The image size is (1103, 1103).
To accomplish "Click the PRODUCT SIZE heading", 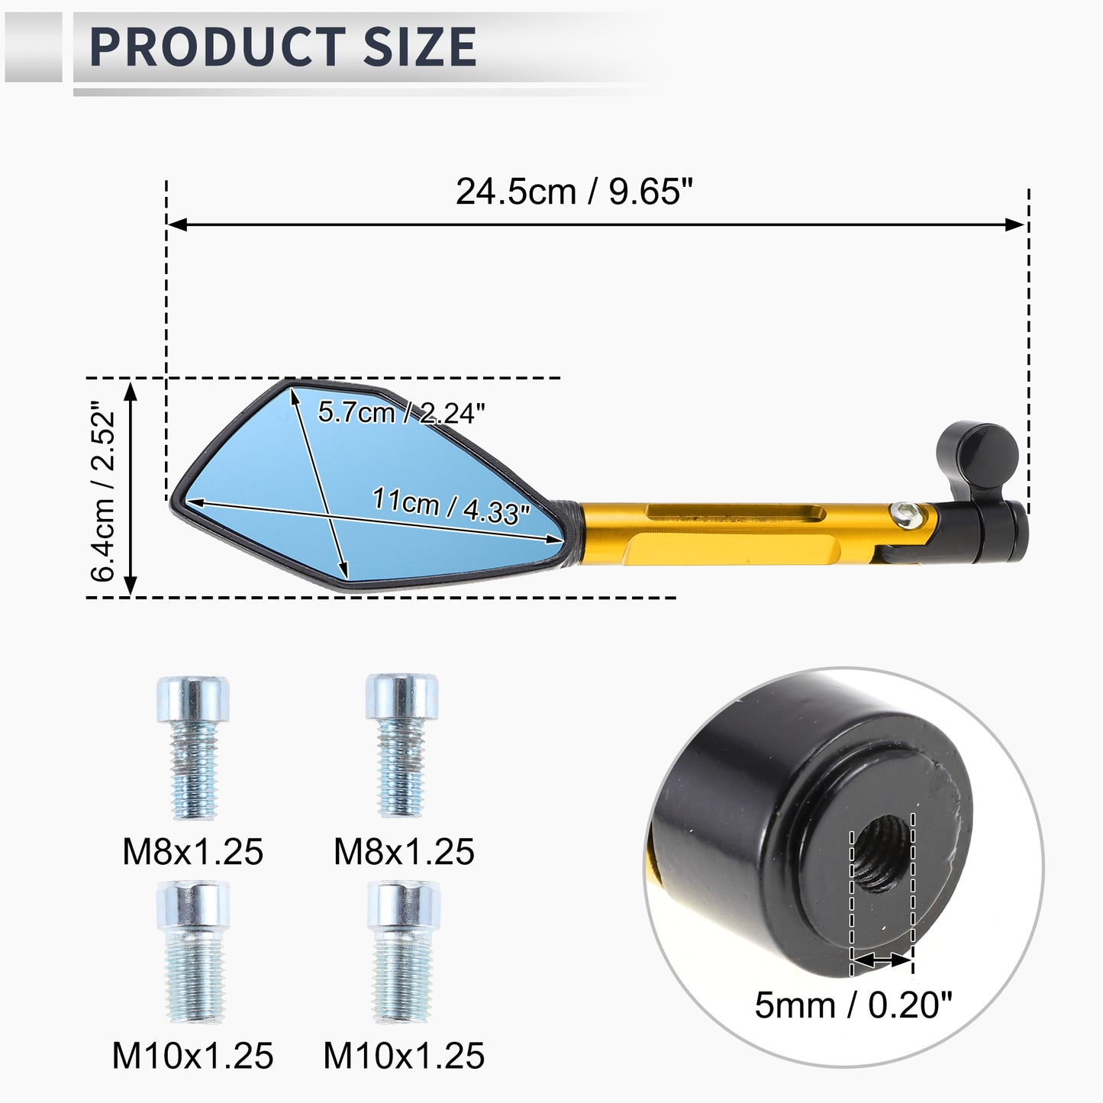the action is coord(282,47).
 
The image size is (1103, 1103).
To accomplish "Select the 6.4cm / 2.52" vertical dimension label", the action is coord(103,491).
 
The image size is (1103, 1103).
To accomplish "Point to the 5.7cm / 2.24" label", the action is coord(402,412).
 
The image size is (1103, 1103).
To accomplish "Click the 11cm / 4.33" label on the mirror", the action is coord(452,505).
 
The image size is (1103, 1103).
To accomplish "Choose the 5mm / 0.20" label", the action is coord(853,1005).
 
